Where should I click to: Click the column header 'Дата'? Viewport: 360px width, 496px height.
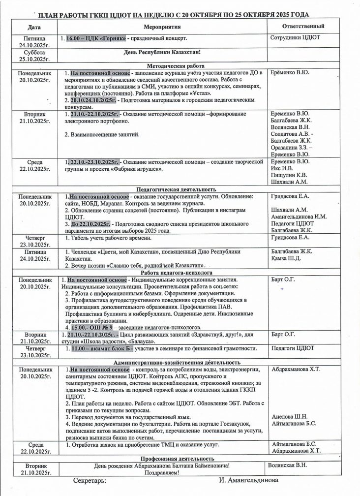tap(34, 26)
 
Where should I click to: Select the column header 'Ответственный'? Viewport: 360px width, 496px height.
tap(303, 25)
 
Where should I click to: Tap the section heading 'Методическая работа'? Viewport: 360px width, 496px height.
tap(176, 65)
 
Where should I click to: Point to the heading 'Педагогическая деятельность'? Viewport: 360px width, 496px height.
tap(176, 189)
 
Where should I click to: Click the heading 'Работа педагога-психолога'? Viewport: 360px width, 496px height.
tap(176, 273)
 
